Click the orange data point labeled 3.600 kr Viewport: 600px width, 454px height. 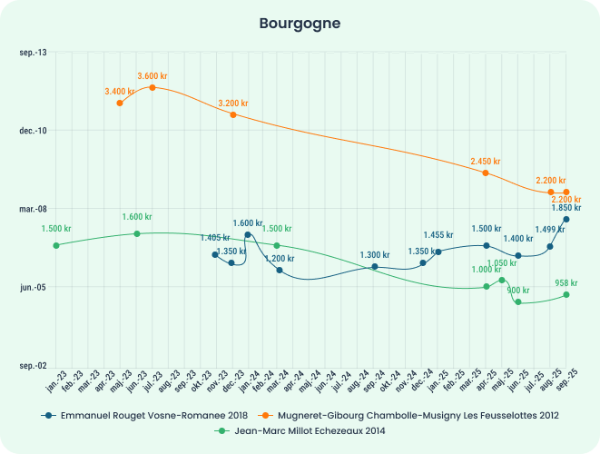tap(152, 87)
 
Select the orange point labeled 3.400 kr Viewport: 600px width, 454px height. tap(120, 103)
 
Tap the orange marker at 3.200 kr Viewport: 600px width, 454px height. tap(233, 114)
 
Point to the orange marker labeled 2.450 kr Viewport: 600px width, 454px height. tap(486, 173)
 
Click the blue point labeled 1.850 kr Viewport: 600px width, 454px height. tap(566, 219)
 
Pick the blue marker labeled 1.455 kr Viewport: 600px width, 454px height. tap(438, 252)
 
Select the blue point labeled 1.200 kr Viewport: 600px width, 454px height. tap(280, 270)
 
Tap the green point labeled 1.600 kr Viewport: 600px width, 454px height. tap(137, 233)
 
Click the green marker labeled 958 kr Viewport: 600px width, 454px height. tap(566, 294)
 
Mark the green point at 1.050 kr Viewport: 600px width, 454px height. tap(502, 280)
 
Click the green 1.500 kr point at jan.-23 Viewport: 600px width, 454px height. tap(56, 245)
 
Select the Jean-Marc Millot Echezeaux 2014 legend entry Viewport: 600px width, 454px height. tap(300, 430)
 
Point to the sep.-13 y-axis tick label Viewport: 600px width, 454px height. tap(33, 53)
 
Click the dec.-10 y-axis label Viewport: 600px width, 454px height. tap(33, 131)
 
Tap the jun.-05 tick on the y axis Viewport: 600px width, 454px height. tap(33, 287)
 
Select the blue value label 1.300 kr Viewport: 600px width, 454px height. tap(374, 254)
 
